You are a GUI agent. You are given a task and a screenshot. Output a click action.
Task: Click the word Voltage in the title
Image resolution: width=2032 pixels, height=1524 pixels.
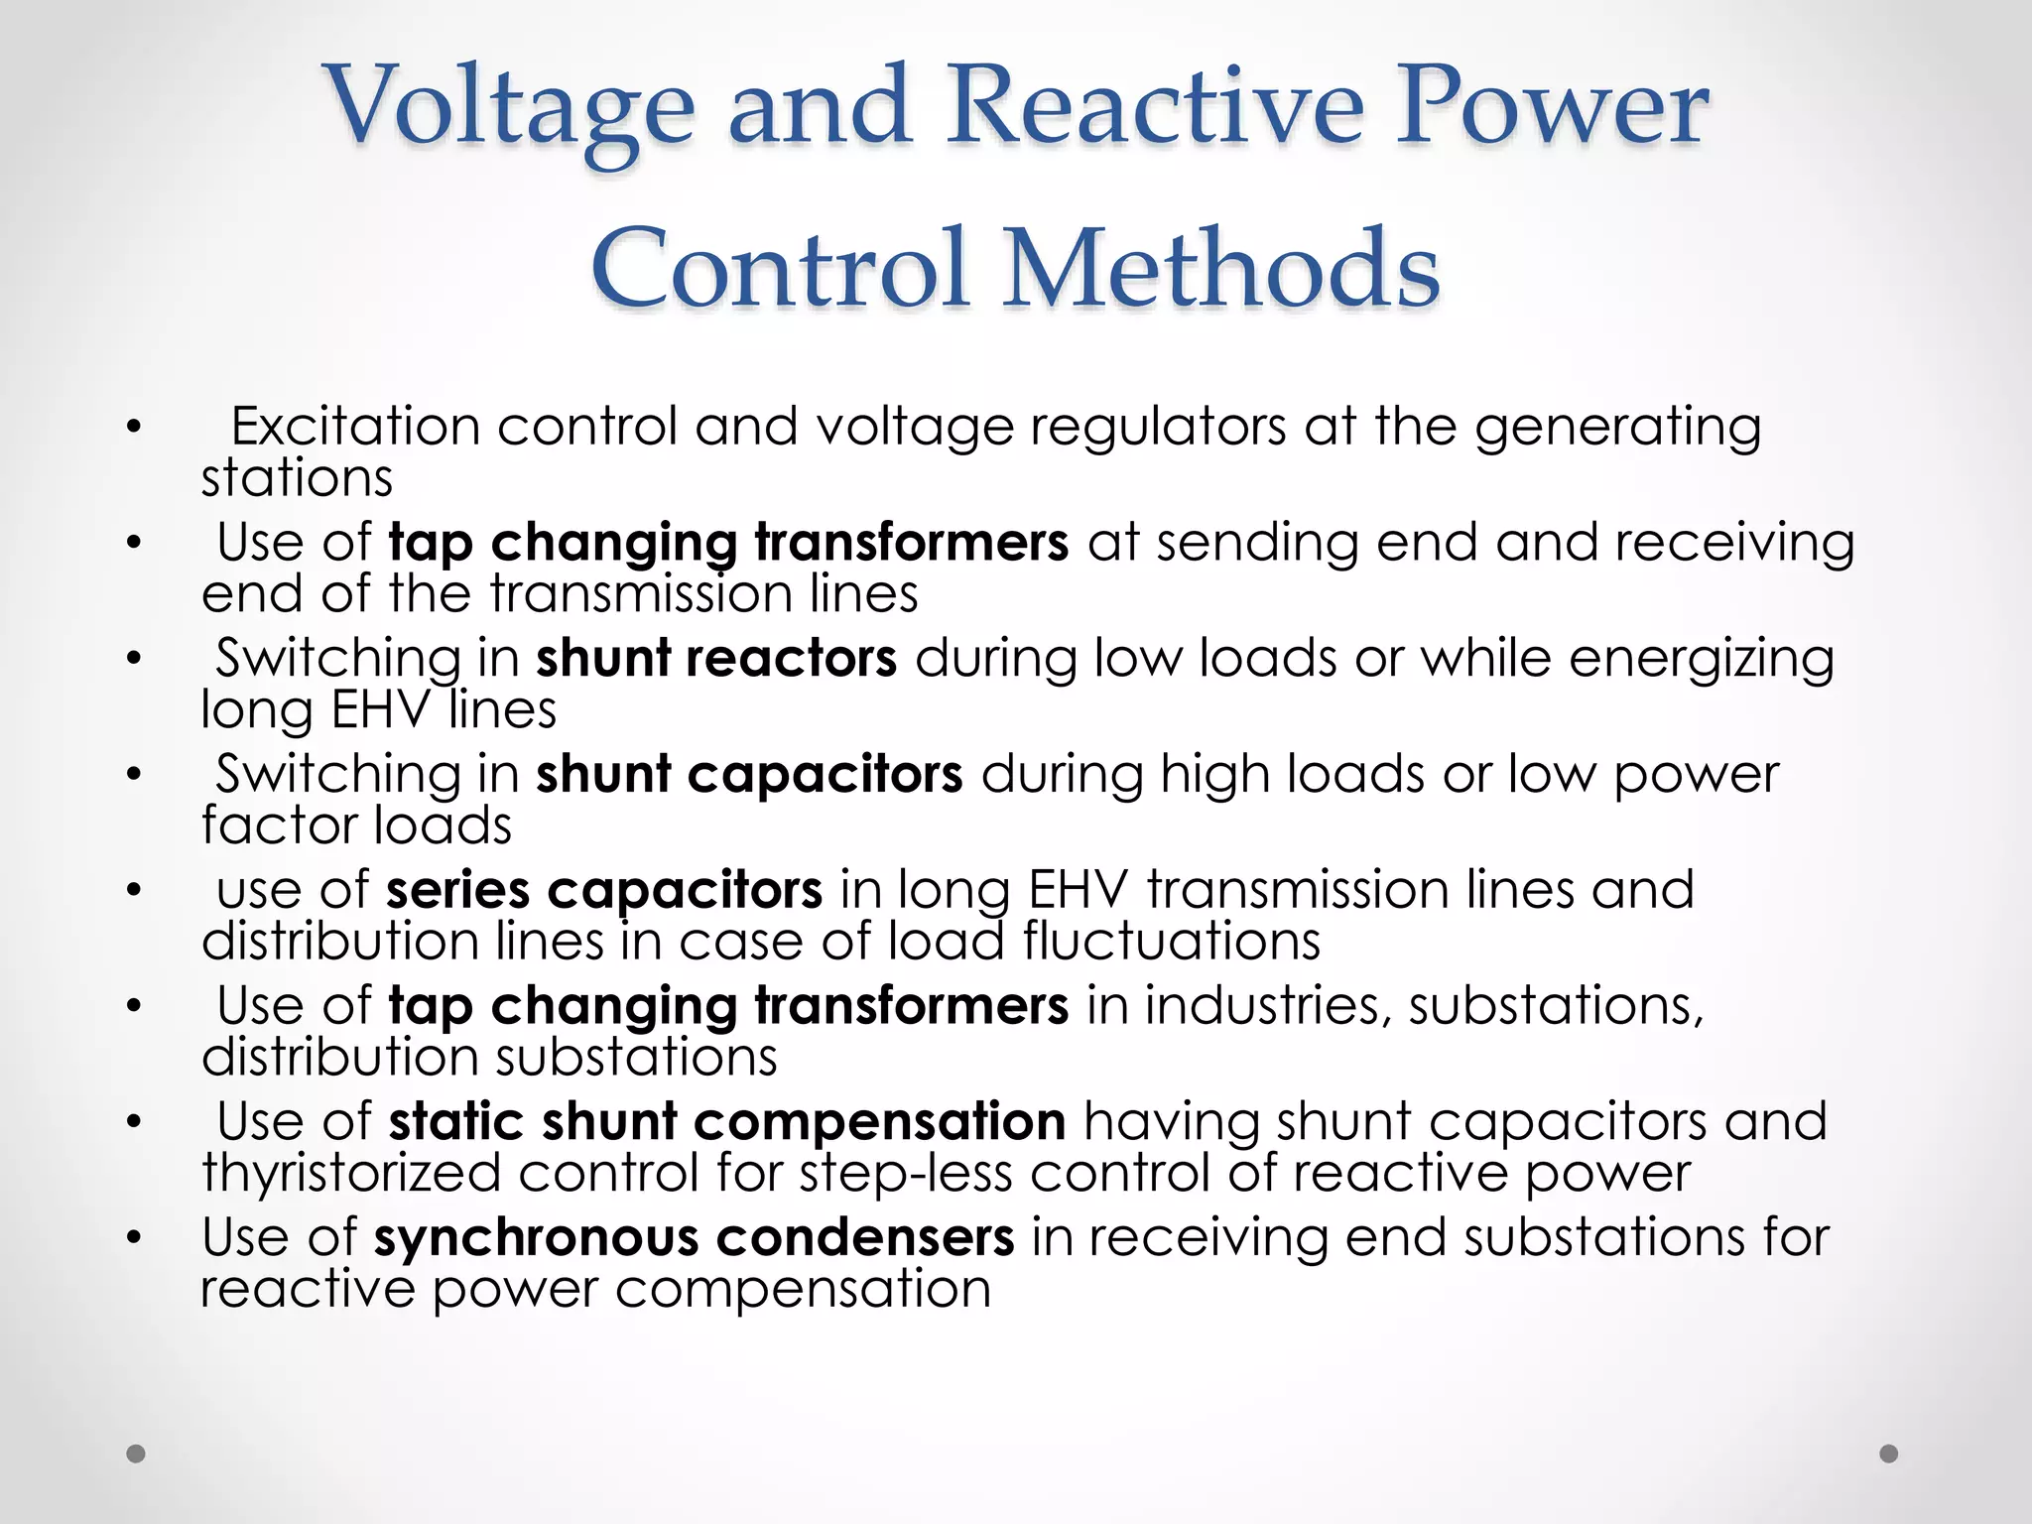[510, 107]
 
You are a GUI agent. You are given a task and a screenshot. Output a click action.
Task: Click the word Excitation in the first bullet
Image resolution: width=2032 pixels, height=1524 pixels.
[355, 427]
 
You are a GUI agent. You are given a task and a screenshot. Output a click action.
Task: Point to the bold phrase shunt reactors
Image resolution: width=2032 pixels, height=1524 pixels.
[716, 658]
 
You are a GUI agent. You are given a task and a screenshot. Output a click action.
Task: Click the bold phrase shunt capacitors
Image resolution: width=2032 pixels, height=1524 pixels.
[749, 774]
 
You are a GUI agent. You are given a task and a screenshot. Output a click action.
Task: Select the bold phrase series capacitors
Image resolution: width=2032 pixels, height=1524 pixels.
[604, 890]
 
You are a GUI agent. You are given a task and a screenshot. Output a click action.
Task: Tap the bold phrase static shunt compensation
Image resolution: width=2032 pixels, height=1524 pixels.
[727, 1122]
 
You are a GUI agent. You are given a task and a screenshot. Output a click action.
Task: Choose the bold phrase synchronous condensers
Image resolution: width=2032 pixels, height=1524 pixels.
[694, 1237]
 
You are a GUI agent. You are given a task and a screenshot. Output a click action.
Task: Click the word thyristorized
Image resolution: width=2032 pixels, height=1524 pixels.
[351, 1174]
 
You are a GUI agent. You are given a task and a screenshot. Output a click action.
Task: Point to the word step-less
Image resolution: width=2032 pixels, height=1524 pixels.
[906, 1174]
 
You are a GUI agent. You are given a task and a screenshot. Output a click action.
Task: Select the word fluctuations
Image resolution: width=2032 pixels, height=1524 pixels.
[1172, 942]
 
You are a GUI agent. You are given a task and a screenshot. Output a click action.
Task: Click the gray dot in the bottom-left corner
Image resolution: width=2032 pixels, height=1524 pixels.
[136, 1454]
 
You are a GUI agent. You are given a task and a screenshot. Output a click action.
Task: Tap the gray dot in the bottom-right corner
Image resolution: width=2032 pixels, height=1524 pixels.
[1889, 1454]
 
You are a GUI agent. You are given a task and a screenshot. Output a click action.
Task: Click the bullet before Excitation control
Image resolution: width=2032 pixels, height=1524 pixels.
[135, 429]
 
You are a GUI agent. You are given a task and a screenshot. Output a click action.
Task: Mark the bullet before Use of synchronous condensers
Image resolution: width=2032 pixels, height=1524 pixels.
[135, 1238]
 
